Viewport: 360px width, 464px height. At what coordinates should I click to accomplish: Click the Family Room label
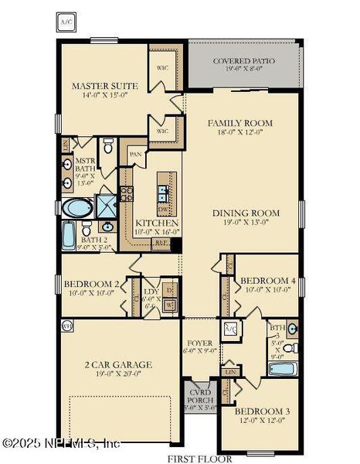[239, 123]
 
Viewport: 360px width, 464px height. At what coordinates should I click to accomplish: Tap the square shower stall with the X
[105, 206]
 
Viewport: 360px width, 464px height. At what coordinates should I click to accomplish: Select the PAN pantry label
[134, 154]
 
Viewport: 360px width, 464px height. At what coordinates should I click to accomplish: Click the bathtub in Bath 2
[68, 231]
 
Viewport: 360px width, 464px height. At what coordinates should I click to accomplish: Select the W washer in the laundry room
[169, 305]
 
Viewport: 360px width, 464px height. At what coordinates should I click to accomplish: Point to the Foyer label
[196, 344]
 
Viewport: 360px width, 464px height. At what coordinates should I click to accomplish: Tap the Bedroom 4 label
[267, 280]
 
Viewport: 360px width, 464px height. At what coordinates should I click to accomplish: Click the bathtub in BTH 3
[283, 368]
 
